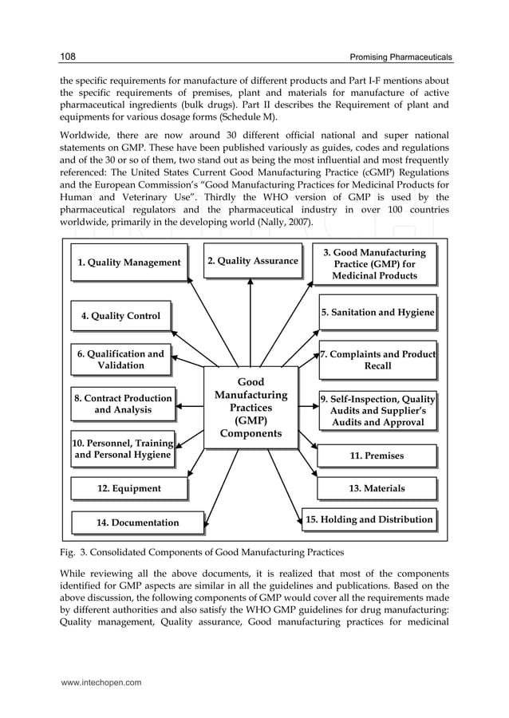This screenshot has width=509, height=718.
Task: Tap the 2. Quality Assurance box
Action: [252, 260]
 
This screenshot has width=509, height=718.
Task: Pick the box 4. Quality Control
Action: [120, 316]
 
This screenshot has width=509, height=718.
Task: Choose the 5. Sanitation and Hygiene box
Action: [377, 313]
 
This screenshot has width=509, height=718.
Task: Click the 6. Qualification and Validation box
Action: [120, 359]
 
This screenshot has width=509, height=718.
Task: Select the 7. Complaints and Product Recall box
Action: [377, 359]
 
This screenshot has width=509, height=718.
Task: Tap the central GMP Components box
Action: [251, 408]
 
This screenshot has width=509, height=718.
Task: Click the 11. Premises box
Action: [377, 456]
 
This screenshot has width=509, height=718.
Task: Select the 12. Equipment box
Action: [128, 488]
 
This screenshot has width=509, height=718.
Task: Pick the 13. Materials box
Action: [377, 488]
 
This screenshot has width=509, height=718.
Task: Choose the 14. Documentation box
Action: [137, 523]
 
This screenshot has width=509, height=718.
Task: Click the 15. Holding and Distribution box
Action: [369, 520]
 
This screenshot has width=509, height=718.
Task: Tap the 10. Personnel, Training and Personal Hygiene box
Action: [123, 449]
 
